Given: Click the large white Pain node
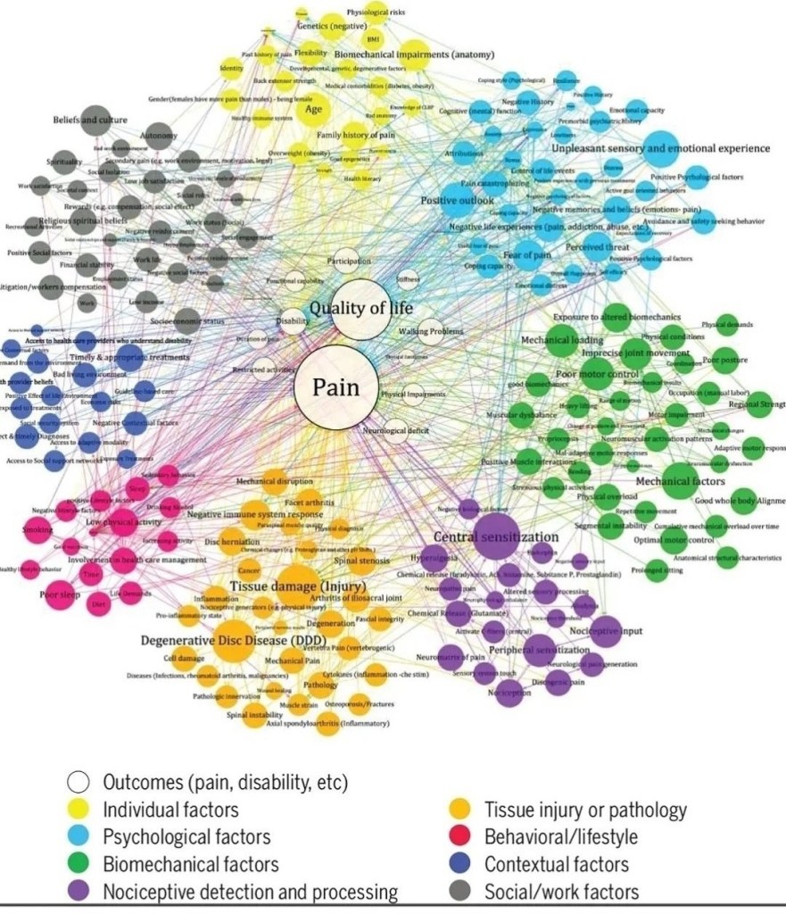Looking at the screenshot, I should click(335, 387).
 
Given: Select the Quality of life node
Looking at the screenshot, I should click(361, 312).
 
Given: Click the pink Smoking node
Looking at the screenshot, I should click(37, 530).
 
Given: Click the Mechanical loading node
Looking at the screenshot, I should click(561, 340).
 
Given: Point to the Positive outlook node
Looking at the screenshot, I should click(457, 201).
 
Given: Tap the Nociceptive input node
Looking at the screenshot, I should click(606, 630).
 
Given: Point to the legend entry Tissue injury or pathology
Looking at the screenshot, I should click(584, 810).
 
